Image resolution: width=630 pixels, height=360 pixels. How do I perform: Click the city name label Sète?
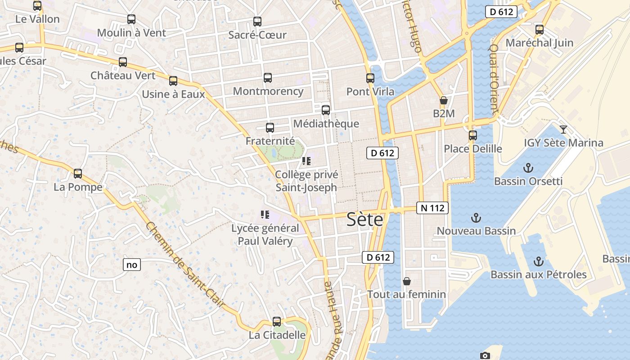365,220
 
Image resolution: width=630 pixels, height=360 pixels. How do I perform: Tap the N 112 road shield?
432,208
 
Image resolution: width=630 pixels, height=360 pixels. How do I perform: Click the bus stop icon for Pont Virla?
370,78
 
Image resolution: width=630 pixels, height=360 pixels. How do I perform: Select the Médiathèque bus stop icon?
326,110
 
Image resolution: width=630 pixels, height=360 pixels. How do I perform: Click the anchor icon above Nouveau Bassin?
476,218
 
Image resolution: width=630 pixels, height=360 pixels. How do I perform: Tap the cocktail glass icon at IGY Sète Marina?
563,130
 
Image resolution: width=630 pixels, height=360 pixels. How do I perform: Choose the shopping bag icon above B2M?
444,100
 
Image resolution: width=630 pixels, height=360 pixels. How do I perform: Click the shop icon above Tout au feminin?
407,281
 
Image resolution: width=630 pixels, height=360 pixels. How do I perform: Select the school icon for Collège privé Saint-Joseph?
306,161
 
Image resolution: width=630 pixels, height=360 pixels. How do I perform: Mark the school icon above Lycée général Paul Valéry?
265,215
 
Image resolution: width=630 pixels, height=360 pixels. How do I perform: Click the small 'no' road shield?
132,265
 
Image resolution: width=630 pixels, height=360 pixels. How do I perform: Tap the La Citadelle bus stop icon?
277,322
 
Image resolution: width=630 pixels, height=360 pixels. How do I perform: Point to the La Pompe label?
78,187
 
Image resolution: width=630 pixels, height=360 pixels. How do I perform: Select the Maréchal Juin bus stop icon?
540,30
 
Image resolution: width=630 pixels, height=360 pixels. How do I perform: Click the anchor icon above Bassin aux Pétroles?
538,261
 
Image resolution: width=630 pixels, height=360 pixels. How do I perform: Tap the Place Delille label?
473,149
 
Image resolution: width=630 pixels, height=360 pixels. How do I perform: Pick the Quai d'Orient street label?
494,78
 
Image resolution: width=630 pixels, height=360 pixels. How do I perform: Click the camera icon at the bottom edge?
485,356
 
